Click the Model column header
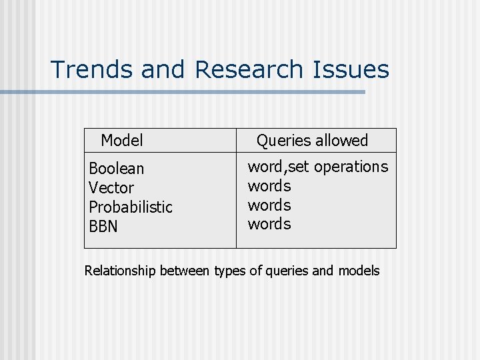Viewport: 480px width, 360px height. coord(122,141)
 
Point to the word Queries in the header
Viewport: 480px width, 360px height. coord(284,141)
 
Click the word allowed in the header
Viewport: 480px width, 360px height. coord(342,141)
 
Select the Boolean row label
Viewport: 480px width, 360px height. coord(116,169)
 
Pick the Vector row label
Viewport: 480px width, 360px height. coord(111,188)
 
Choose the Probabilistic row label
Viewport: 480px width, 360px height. coord(131,207)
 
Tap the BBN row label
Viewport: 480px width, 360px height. coord(103,227)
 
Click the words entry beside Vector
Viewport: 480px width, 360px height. coord(269,185)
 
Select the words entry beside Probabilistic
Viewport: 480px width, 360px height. coord(269,205)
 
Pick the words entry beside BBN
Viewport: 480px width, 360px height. coord(269,224)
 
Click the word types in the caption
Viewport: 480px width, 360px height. coord(229,271)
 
